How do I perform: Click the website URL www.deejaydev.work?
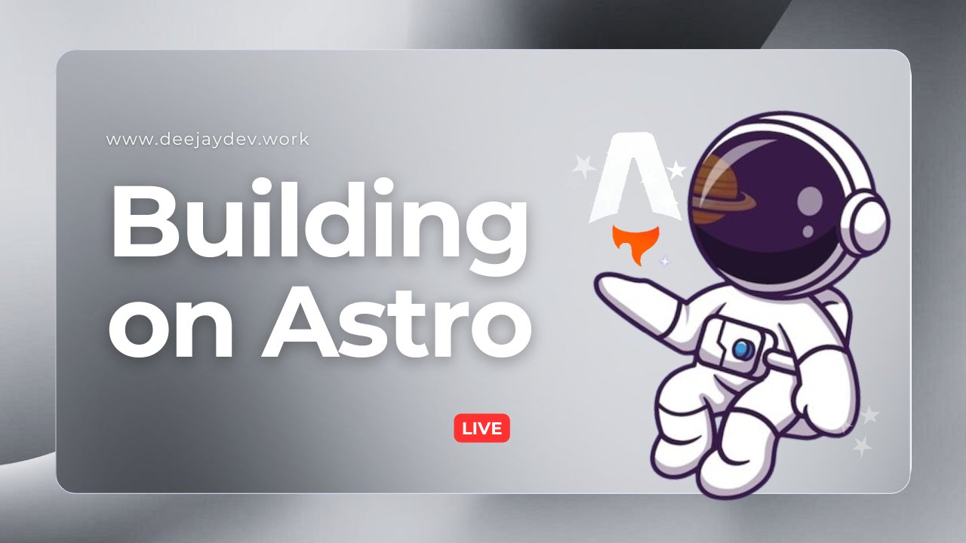pyautogui.click(x=208, y=140)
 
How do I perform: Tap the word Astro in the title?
pyautogui.click(x=396, y=324)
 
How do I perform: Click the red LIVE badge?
pyautogui.click(x=481, y=428)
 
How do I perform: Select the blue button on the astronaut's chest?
pyautogui.click(x=742, y=348)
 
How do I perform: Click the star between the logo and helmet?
pyautogui.click(x=677, y=170)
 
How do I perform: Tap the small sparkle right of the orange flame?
pyautogui.click(x=664, y=262)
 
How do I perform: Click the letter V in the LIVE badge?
pyautogui.click(x=487, y=428)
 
